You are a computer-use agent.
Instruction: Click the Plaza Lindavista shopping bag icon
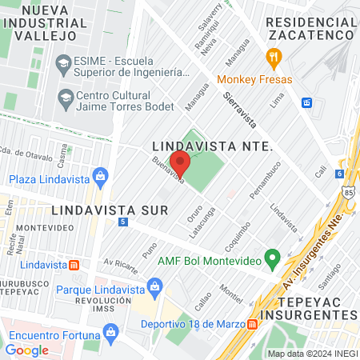(x=100, y=176)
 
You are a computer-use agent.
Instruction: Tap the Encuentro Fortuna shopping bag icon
(x=112, y=331)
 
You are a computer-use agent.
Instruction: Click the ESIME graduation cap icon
(x=62, y=63)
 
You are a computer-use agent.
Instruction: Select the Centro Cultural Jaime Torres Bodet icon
(x=66, y=98)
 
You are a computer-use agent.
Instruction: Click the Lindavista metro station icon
(x=74, y=264)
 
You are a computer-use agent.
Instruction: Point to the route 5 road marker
(x=122, y=222)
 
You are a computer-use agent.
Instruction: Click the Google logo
(x=26, y=350)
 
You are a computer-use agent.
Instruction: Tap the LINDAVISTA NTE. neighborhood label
(x=213, y=148)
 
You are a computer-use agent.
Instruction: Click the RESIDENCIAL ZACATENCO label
(x=310, y=28)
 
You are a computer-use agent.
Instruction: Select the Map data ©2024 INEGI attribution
(x=311, y=354)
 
